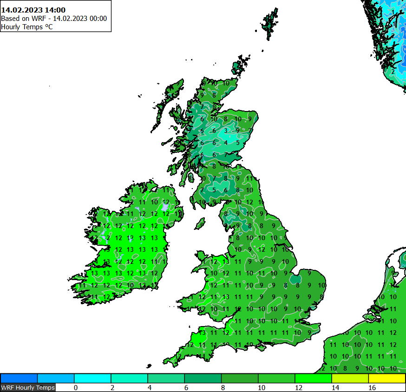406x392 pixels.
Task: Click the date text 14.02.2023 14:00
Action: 33,10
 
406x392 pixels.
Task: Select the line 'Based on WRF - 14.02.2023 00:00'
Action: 54,19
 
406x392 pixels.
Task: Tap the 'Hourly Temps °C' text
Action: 27,27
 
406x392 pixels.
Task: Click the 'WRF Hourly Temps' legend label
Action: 28,387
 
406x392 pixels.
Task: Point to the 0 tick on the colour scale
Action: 75,387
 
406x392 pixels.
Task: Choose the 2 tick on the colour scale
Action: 112,387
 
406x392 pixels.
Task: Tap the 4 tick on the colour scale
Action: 149,387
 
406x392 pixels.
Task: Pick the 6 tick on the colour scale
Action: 186,387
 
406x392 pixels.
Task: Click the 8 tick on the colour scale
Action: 223,387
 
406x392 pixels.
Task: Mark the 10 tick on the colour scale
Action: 259,387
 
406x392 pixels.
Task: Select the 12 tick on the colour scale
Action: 296,387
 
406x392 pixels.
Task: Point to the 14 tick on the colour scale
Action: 333,387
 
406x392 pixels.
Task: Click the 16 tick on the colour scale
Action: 372,387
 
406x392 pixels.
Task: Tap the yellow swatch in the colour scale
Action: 387,378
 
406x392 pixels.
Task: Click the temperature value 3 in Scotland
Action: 226,131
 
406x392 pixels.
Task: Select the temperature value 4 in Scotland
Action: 226,143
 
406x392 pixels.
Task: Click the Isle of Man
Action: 200,224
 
